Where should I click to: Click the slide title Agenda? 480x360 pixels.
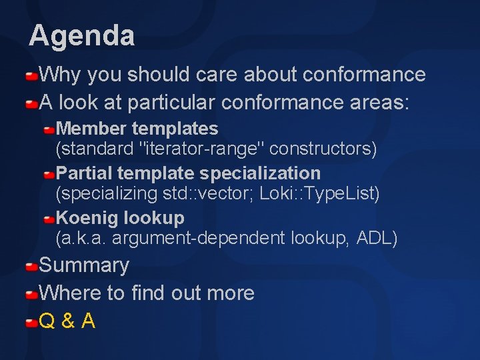tap(81, 35)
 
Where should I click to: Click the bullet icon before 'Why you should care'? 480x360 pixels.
tap(31, 76)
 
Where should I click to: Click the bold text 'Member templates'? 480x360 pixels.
tap(137, 128)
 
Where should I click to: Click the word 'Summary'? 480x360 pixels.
tap(84, 265)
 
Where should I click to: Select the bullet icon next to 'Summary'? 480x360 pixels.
tap(31, 267)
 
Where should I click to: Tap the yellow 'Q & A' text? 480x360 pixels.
tap(67, 321)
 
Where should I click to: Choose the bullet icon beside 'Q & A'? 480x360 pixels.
tap(31, 323)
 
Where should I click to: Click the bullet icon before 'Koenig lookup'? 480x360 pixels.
tap(49, 219)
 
